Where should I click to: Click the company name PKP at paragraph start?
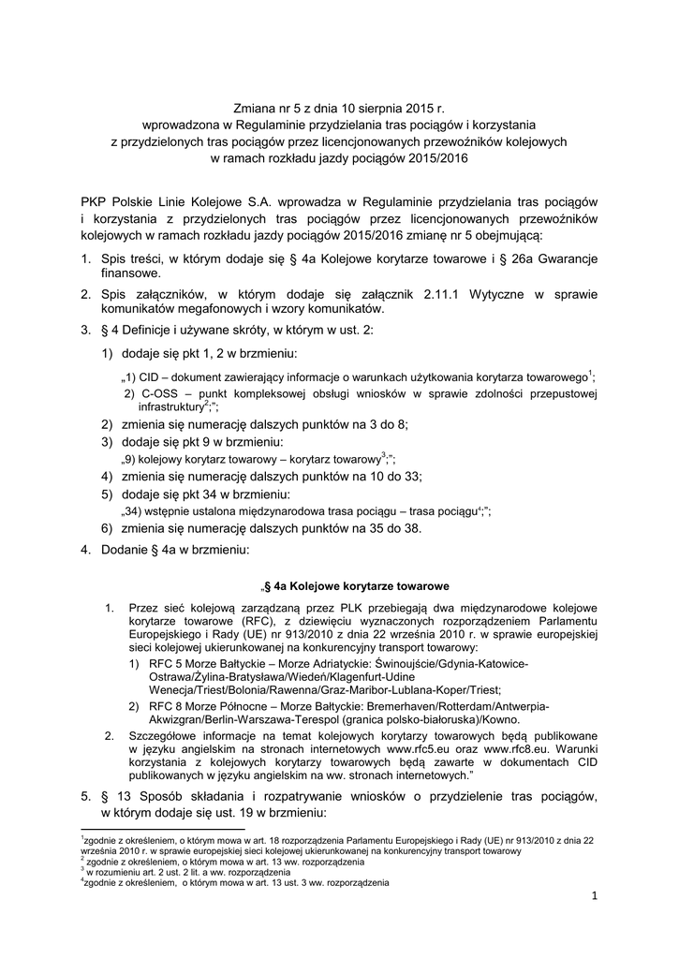[95, 201]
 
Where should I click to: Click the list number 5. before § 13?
[85, 796]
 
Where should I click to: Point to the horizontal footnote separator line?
[161, 828]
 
